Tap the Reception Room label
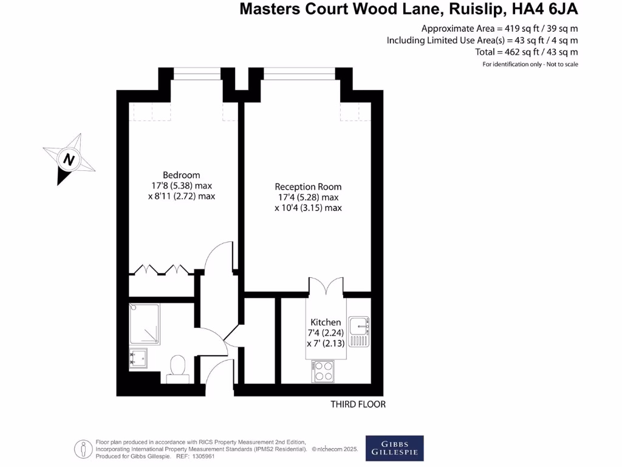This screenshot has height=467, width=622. tap(308, 187)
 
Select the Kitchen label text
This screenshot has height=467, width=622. tap(326, 322)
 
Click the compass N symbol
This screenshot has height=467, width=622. tap(69, 159)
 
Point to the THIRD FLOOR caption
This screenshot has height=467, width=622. tap(358, 404)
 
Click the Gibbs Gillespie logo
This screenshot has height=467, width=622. tap(394, 448)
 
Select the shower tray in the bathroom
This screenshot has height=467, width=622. tap(145, 324)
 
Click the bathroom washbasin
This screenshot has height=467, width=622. tap(137, 358)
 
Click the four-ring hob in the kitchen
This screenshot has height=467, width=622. tap(323, 371)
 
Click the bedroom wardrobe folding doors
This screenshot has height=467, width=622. tap(161, 269)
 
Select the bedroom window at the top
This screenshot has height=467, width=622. tap(197, 76)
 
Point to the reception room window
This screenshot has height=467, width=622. tap(299, 76)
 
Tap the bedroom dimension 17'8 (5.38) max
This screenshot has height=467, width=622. tap(181, 185)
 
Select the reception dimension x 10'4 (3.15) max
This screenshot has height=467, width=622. tap(308, 207)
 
